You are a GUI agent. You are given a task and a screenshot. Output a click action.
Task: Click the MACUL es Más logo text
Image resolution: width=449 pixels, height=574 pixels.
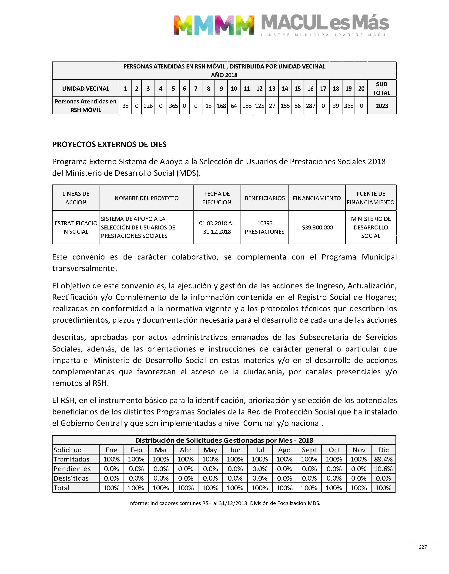(x=325, y=23)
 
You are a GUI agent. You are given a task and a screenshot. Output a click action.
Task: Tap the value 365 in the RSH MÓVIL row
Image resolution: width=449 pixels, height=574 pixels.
(x=173, y=106)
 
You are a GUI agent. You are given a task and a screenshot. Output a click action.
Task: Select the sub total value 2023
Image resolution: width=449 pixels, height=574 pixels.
(x=382, y=106)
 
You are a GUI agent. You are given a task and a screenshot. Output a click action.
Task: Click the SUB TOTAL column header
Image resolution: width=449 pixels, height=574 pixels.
(x=382, y=89)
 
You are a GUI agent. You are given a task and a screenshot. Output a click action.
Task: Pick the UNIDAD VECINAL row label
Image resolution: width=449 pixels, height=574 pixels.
(x=86, y=89)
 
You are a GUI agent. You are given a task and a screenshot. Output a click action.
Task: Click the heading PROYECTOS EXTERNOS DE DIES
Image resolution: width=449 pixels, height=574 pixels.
(x=109, y=144)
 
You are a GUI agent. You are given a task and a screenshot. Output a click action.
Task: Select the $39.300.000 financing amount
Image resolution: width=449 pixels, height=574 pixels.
(x=317, y=227)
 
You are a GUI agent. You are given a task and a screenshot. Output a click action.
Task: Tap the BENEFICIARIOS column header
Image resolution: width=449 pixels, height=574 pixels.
(x=265, y=198)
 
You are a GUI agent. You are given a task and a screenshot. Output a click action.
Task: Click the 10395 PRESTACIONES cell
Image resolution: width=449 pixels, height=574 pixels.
(x=265, y=227)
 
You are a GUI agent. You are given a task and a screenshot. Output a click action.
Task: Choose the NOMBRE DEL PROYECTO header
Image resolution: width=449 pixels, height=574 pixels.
(x=146, y=198)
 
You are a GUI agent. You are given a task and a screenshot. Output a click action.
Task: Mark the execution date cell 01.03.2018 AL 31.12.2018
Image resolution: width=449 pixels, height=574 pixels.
(x=217, y=227)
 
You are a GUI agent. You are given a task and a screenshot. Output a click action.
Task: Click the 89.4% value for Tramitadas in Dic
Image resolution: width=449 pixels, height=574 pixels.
(x=383, y=459)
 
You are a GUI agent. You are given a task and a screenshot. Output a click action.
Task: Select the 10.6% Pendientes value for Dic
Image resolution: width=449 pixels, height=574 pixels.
(x=383, y=469)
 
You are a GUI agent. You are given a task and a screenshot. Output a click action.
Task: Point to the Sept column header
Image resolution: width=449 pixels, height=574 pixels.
(x=309, y=450)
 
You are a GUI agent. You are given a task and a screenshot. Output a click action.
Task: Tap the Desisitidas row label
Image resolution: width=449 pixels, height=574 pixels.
(x=71, y=478)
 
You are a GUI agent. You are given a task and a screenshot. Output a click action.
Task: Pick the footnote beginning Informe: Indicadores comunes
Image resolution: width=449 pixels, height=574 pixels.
(x=224, y=503)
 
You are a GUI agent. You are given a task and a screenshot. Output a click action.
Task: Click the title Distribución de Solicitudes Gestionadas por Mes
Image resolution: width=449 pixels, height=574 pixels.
(x=224, y=440)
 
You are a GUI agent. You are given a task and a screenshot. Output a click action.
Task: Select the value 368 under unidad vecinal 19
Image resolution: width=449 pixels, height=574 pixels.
(x=348, y=106)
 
